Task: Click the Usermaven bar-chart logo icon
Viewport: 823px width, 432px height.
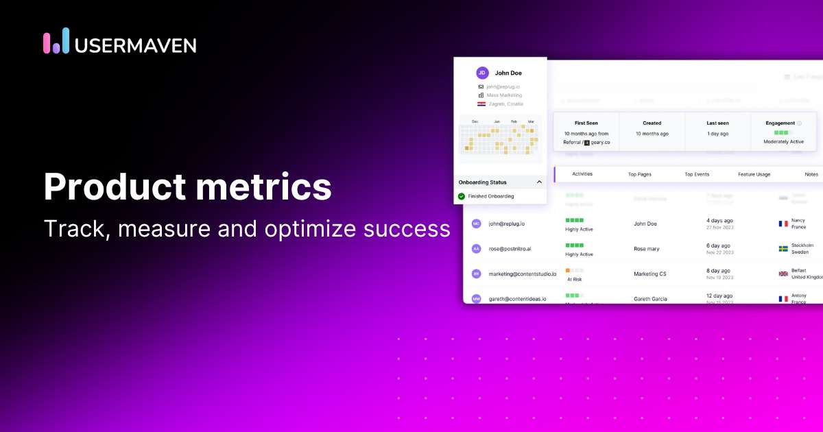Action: [x=56, y=41]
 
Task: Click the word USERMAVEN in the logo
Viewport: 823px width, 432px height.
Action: [x=135, y=45]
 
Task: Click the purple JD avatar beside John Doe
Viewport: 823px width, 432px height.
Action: [x=482, y=73]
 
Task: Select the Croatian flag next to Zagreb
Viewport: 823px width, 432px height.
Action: [x=481, y=104]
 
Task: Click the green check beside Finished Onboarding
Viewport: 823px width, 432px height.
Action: [x=462, y=196]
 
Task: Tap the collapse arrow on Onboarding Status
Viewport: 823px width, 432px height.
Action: [x=539, y=182]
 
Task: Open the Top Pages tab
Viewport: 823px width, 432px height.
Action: [x=639, y=174]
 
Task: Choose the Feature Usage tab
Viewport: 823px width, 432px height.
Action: [x=754, y=174]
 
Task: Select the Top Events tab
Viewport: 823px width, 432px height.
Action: [x=697, y=174]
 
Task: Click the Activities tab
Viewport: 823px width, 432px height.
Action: [x=582, y=173]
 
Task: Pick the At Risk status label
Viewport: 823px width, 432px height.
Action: [x=575, y=279]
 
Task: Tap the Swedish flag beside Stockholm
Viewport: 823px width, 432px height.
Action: [x=783, y=248]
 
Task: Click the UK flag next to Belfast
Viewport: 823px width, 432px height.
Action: [x=783, y=274]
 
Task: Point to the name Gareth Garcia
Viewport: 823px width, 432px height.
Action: [x=650, y=299]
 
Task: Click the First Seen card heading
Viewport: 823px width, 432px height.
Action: [x=586, y=123]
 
